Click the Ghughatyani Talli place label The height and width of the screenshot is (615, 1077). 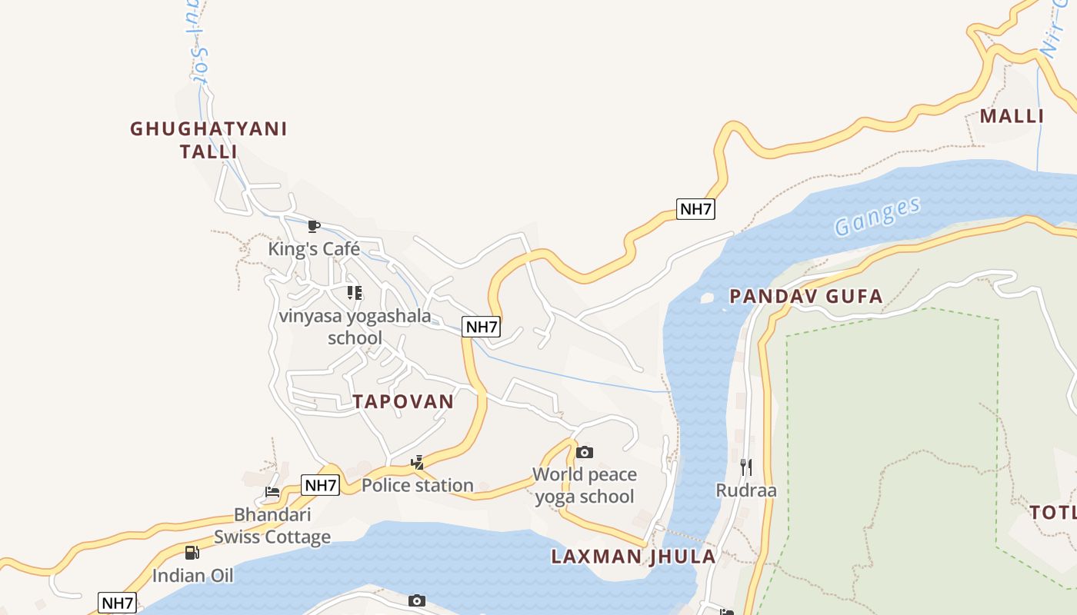tap(208, 140)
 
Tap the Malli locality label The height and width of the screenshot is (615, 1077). tap(1011, 116)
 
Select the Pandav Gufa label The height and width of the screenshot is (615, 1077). tap(805, 297)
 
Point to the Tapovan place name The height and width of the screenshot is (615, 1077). tap(403, 401)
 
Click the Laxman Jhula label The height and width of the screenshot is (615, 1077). tap(633, 557)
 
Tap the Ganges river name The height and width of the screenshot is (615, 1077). tap(877, 217)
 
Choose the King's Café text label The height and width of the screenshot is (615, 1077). tap(314, 249)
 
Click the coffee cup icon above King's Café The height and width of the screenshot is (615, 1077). tap(313, 226)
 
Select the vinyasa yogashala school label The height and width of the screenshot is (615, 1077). tap(355, 327)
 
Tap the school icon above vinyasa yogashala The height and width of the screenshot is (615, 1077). tap(355, 293)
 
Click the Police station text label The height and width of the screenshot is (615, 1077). tap(418, 485)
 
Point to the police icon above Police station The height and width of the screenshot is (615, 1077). tap(417, 462)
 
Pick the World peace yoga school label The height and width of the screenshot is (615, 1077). tap(585, 485)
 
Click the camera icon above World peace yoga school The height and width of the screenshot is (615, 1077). tap(585, 452)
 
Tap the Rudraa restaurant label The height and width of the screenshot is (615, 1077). tap(746, 490)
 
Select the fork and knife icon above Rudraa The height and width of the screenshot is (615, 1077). tap(745, 467)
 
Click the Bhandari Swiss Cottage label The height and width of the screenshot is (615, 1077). tap(272, 526)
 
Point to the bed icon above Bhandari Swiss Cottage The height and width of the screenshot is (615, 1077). tap(272, 492)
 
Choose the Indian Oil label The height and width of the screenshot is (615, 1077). tap(192, 575)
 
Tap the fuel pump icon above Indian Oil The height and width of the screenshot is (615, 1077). tap(192, 552)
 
